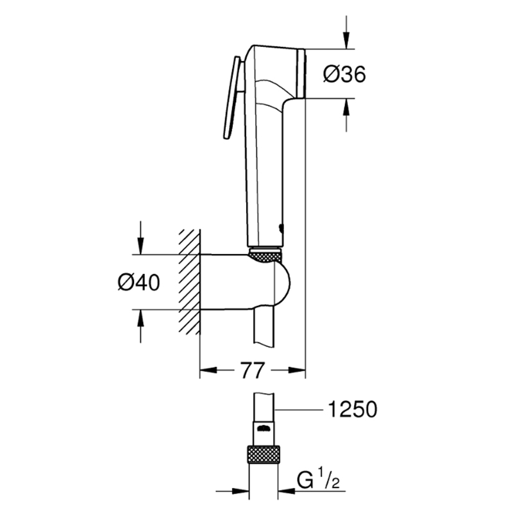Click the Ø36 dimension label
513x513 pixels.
coord(344,74)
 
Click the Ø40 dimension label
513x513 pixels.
coord(139,282)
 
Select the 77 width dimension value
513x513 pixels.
coord(252,371)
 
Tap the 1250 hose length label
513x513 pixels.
coord(352,409)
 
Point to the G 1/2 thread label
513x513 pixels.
coord(317,479)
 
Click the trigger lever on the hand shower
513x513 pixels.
coord(233,97)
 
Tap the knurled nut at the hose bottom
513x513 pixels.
coord(263,454)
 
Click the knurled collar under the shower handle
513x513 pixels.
coord(265,255)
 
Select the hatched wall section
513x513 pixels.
coord(189,282)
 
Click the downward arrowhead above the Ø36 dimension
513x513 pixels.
coord(346,40)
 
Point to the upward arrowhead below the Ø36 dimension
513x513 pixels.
coord(346,106)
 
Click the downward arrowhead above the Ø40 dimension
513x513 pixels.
coord(140,246)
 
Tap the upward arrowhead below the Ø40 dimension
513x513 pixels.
coord(140,318)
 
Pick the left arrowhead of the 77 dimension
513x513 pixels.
coord(208,370)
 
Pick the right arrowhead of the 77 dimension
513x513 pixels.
coord(296,370)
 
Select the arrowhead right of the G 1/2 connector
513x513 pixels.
coord(286,491)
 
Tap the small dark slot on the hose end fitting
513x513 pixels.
coord(264,428)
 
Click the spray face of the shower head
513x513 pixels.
coord(301,74)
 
